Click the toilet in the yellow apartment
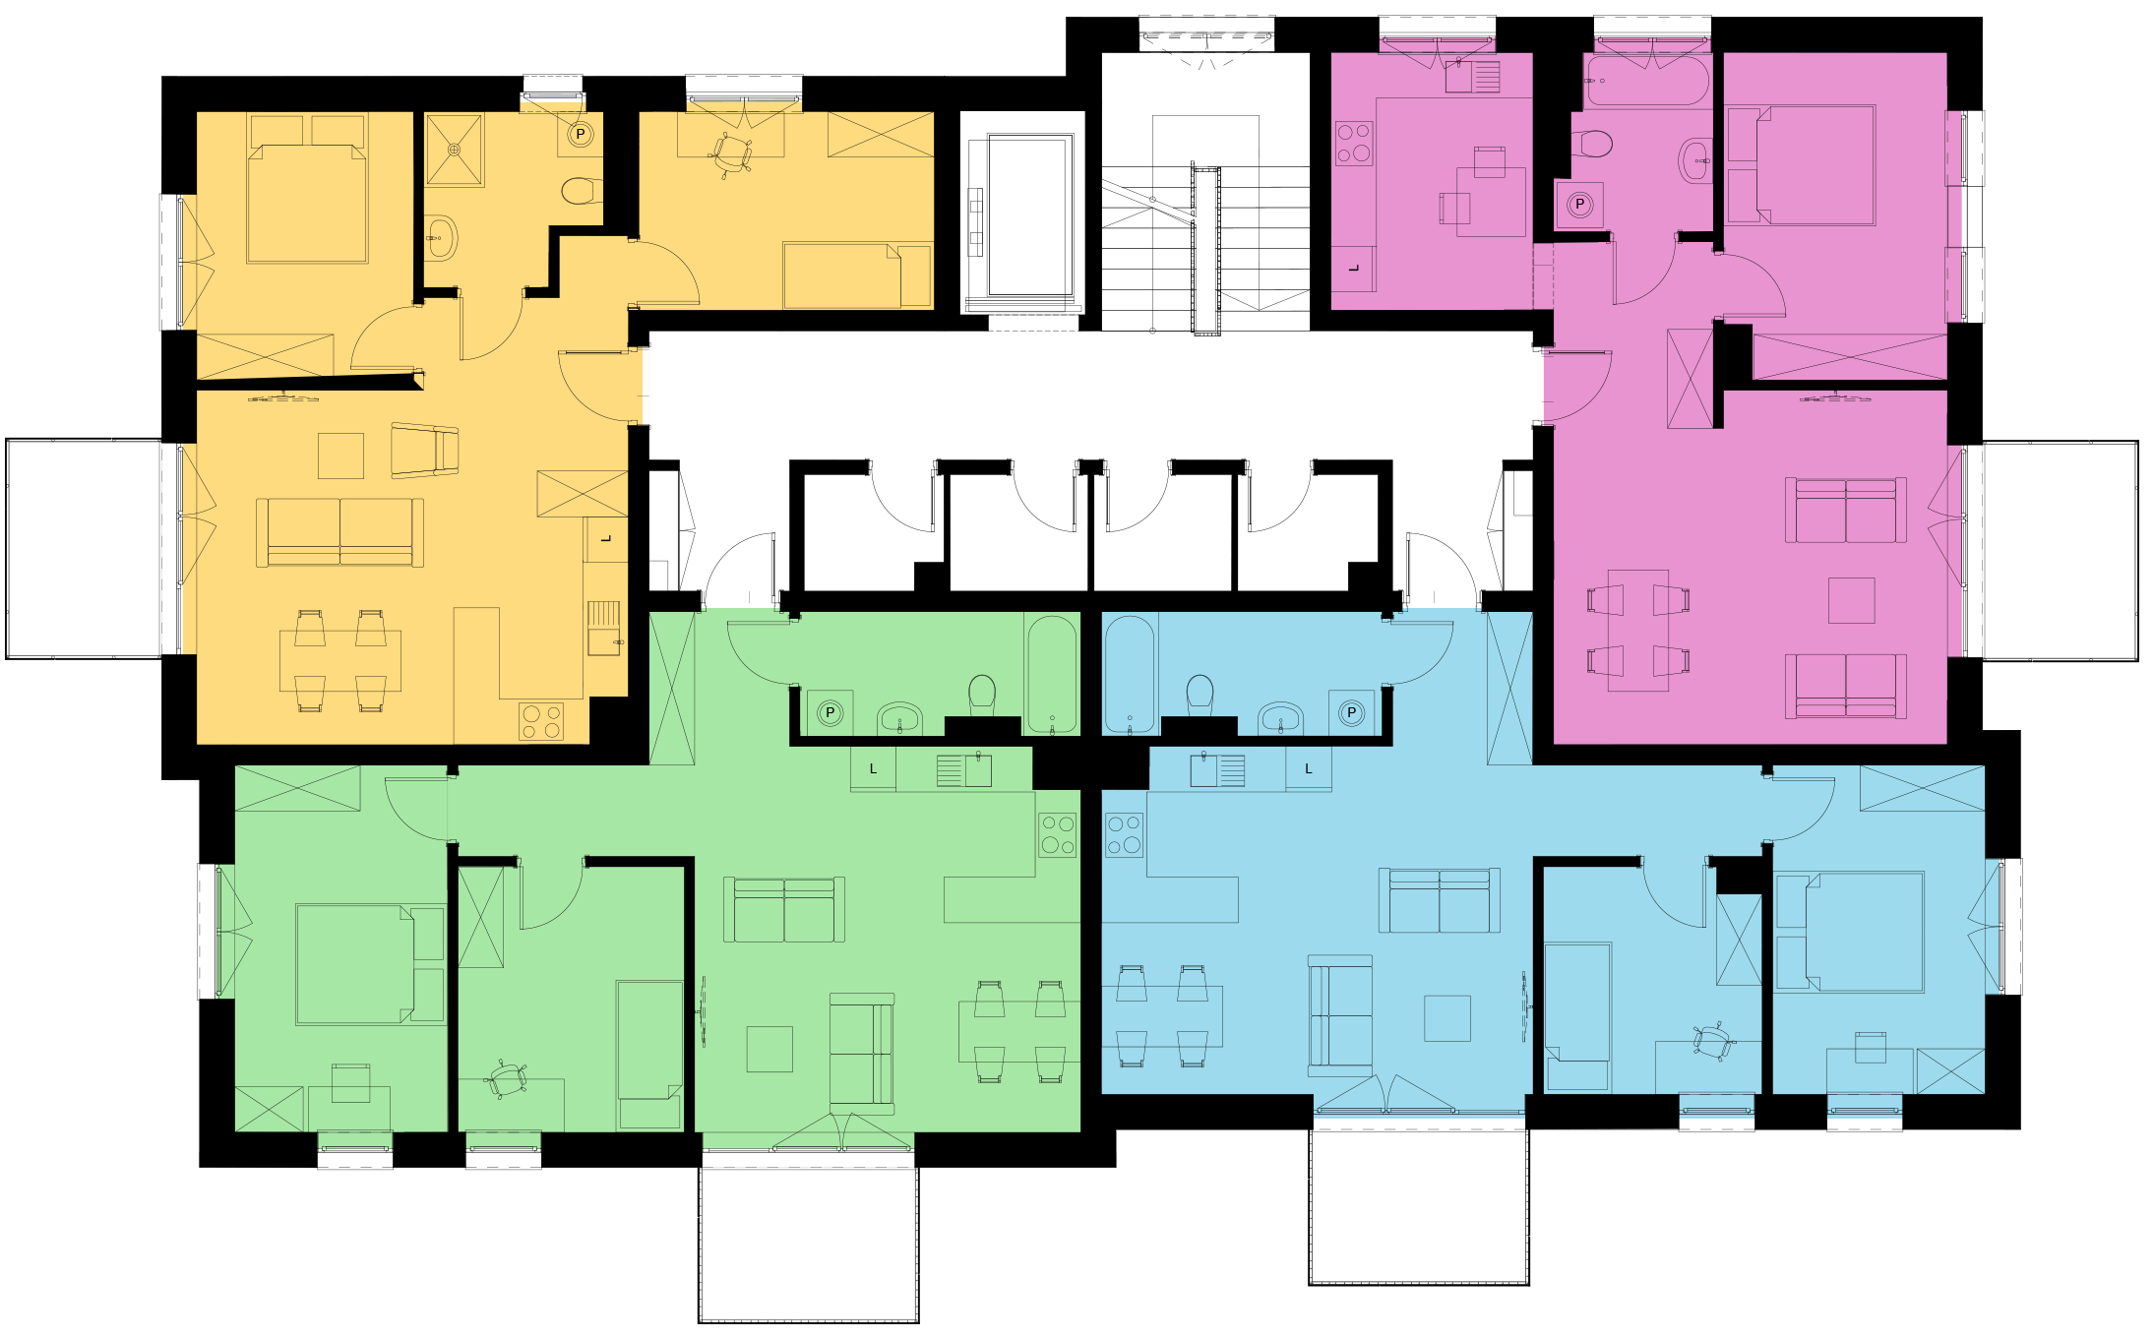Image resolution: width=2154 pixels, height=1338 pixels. point(582,190)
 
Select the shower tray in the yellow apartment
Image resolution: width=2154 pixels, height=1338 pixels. point(454,150)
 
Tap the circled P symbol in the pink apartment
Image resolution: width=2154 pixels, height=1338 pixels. point(1579,205)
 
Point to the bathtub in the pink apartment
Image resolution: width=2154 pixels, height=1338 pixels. point(1648,81)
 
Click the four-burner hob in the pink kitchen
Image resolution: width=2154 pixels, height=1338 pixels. point(1354,143)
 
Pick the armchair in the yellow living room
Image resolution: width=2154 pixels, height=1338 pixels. point(425,451)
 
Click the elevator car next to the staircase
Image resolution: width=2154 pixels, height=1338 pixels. point(1030,215)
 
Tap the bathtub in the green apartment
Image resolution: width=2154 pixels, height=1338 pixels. point(1052,674)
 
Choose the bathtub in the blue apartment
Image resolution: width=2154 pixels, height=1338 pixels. point(1129,674)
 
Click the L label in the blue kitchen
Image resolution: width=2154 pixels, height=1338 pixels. point(1308,768)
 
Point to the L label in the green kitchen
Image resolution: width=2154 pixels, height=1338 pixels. point(873,768)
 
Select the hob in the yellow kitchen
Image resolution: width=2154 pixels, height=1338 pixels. point(541,721)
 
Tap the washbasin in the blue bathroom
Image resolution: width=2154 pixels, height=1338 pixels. point(1280,718)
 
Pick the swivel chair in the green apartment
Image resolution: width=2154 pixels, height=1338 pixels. point(508,1079)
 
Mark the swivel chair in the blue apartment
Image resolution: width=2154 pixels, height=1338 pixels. point(1713,1041)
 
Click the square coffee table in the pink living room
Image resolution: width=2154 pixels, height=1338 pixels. point(1851,600)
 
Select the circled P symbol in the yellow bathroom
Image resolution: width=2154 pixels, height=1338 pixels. point(581,134)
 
